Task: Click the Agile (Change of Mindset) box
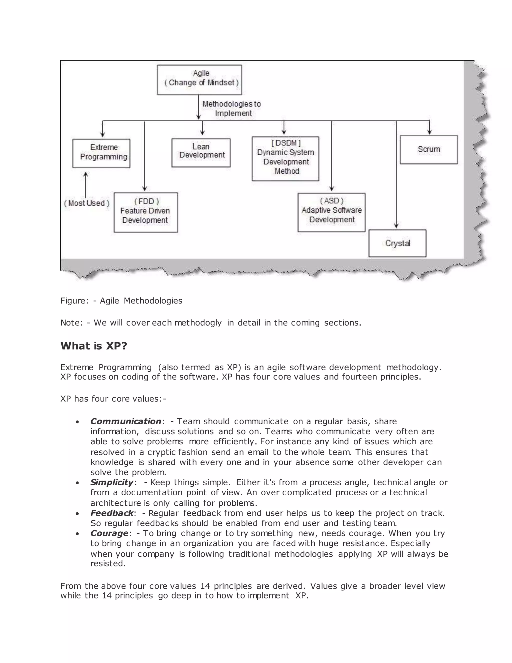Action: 199,80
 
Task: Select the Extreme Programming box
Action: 101,153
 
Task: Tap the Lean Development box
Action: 201,153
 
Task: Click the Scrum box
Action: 428,149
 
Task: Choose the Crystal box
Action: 397,243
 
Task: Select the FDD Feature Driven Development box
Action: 145,212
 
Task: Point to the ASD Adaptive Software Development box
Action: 331,212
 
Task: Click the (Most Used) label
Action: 87,203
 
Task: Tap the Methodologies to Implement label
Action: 232,108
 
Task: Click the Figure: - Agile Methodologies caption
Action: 121,300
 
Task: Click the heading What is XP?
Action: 93,346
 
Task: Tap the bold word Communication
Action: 125,421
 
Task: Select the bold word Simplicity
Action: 111,482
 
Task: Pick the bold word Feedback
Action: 111,513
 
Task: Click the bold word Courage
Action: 109,533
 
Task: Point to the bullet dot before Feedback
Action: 78,514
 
